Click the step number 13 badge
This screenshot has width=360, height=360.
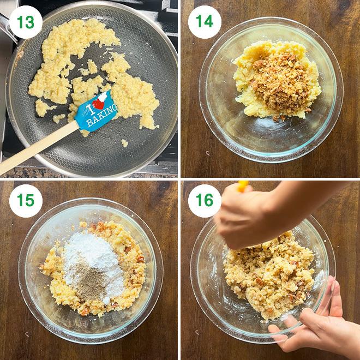[26, 22]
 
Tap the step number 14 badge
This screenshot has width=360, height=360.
[205, 22]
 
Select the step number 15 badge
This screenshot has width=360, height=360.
[26, 201]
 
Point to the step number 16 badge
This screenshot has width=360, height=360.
[205, 201]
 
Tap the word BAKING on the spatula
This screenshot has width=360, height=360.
[102, 116]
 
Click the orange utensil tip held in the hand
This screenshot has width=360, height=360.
[243, 185]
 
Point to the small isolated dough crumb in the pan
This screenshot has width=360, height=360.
[124, 143]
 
